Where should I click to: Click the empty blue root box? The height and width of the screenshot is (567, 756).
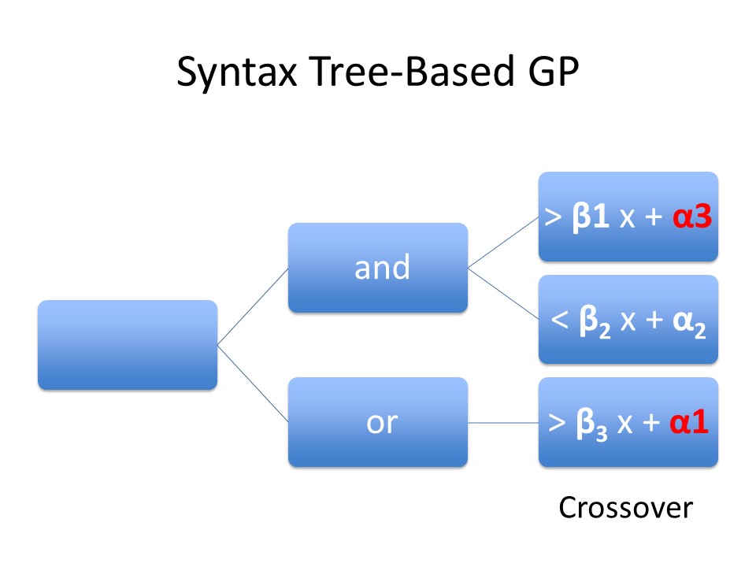pyautogui.click(x=127, y=345)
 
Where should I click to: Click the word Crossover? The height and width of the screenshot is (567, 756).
pyautogui.click(x=625, y=509)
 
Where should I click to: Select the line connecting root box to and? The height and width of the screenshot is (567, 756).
pyautogui.click(x=252, y=306)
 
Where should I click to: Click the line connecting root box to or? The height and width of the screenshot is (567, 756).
pyautogui.click(x=252, y=384)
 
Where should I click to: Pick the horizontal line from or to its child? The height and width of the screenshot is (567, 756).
pyautogui.click(x=503, y=423)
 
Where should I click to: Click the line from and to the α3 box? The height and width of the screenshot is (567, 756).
pyautogui.click(x=503, y=243)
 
